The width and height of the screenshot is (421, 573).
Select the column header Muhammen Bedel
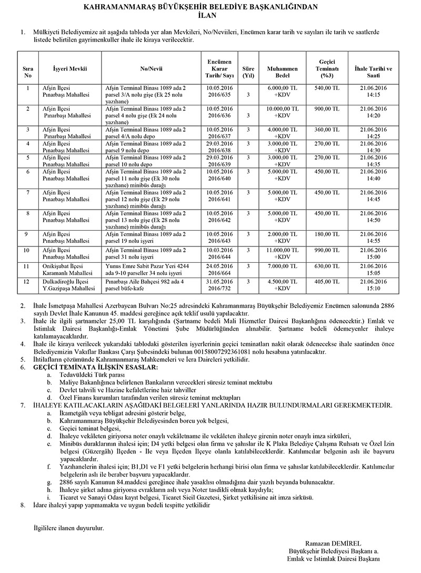[x=282, y=72]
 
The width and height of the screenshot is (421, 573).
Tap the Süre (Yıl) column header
[x=248, y=72]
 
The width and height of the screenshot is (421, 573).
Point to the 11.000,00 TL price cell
[x=282, y=250]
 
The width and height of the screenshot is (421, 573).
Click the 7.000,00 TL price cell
[x=282, y=266]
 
